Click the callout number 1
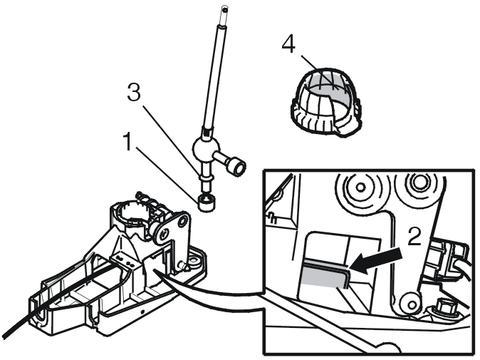pos(128,142)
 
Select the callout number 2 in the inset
pos(414,236)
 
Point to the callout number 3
pos(134,92)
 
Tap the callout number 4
pos(288,43)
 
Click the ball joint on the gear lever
pos(206,148)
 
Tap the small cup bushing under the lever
pos(207,203)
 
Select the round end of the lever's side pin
pos(238,168)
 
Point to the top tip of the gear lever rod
pos(225,9)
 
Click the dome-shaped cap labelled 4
pos(325,101)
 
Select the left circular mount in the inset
pos(360,187)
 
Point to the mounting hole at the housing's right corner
pos(194,261)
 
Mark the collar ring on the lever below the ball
pos(205,177)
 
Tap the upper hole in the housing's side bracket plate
pos(183,220)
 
